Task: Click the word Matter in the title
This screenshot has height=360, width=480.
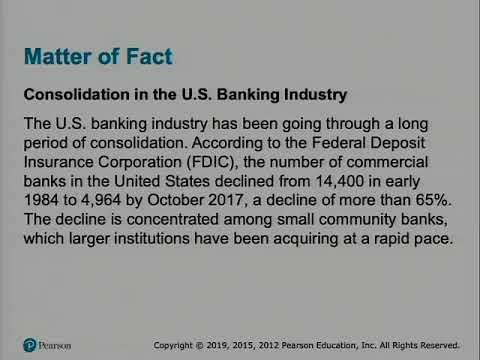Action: click(64, 55)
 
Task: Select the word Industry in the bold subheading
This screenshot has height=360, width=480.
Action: click(313, 95)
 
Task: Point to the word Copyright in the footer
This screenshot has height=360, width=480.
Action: click(176, 345)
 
